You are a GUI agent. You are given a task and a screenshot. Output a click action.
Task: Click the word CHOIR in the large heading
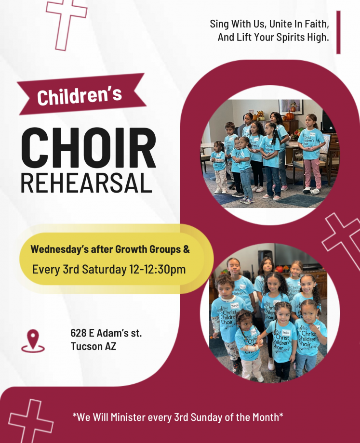tap(88, 148)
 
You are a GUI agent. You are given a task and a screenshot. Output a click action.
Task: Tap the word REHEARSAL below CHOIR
tap(87, 183)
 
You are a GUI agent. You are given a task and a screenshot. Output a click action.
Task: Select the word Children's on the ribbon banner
tap(80, 95)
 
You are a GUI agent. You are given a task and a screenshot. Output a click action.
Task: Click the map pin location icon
tap(33, 341)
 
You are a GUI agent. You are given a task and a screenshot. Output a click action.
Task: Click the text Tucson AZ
tap(93, 346)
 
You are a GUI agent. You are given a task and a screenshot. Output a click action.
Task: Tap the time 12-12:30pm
tap(158, 270)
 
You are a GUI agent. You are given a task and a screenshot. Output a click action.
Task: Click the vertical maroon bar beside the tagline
tap(338, 32)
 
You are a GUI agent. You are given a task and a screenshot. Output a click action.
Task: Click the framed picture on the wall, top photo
tap(291, 107)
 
